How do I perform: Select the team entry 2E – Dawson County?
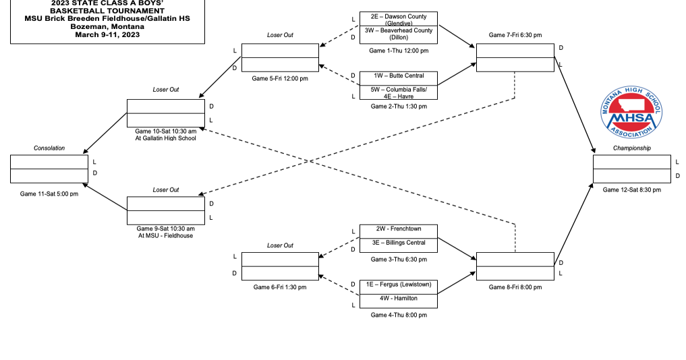click(398, 19)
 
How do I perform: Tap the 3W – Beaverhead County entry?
click(398, 34)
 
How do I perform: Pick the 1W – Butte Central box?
click(398, 76)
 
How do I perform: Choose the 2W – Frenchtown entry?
click(398, 229)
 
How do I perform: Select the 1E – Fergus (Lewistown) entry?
click(398, 284)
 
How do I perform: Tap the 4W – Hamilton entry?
click(398, 298)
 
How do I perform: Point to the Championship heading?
click(631, 148)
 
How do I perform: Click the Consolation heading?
click(49, 148)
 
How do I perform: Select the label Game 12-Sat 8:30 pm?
click(631, 190)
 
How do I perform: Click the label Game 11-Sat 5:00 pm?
click(49, 194)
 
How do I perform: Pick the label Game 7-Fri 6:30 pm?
click(515, 34)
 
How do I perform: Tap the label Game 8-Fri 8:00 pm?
click(515, 287)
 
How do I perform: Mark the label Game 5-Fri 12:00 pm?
click(280, 79)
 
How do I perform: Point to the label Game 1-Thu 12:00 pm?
click(398, 51)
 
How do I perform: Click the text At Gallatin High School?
click(165, 139)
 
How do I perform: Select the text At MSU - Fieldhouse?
click(165, 236)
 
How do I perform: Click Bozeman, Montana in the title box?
click(107, 26)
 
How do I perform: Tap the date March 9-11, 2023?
click(107, 34)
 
